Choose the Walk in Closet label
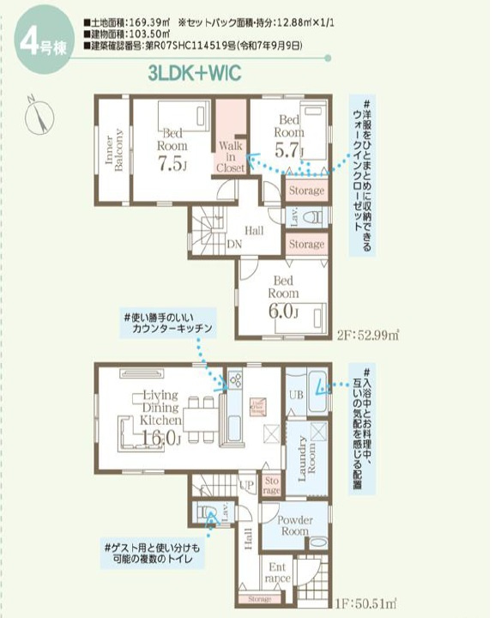point(230,157)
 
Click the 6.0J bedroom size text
point(284,312)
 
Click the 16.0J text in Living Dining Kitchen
point(162,437)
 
